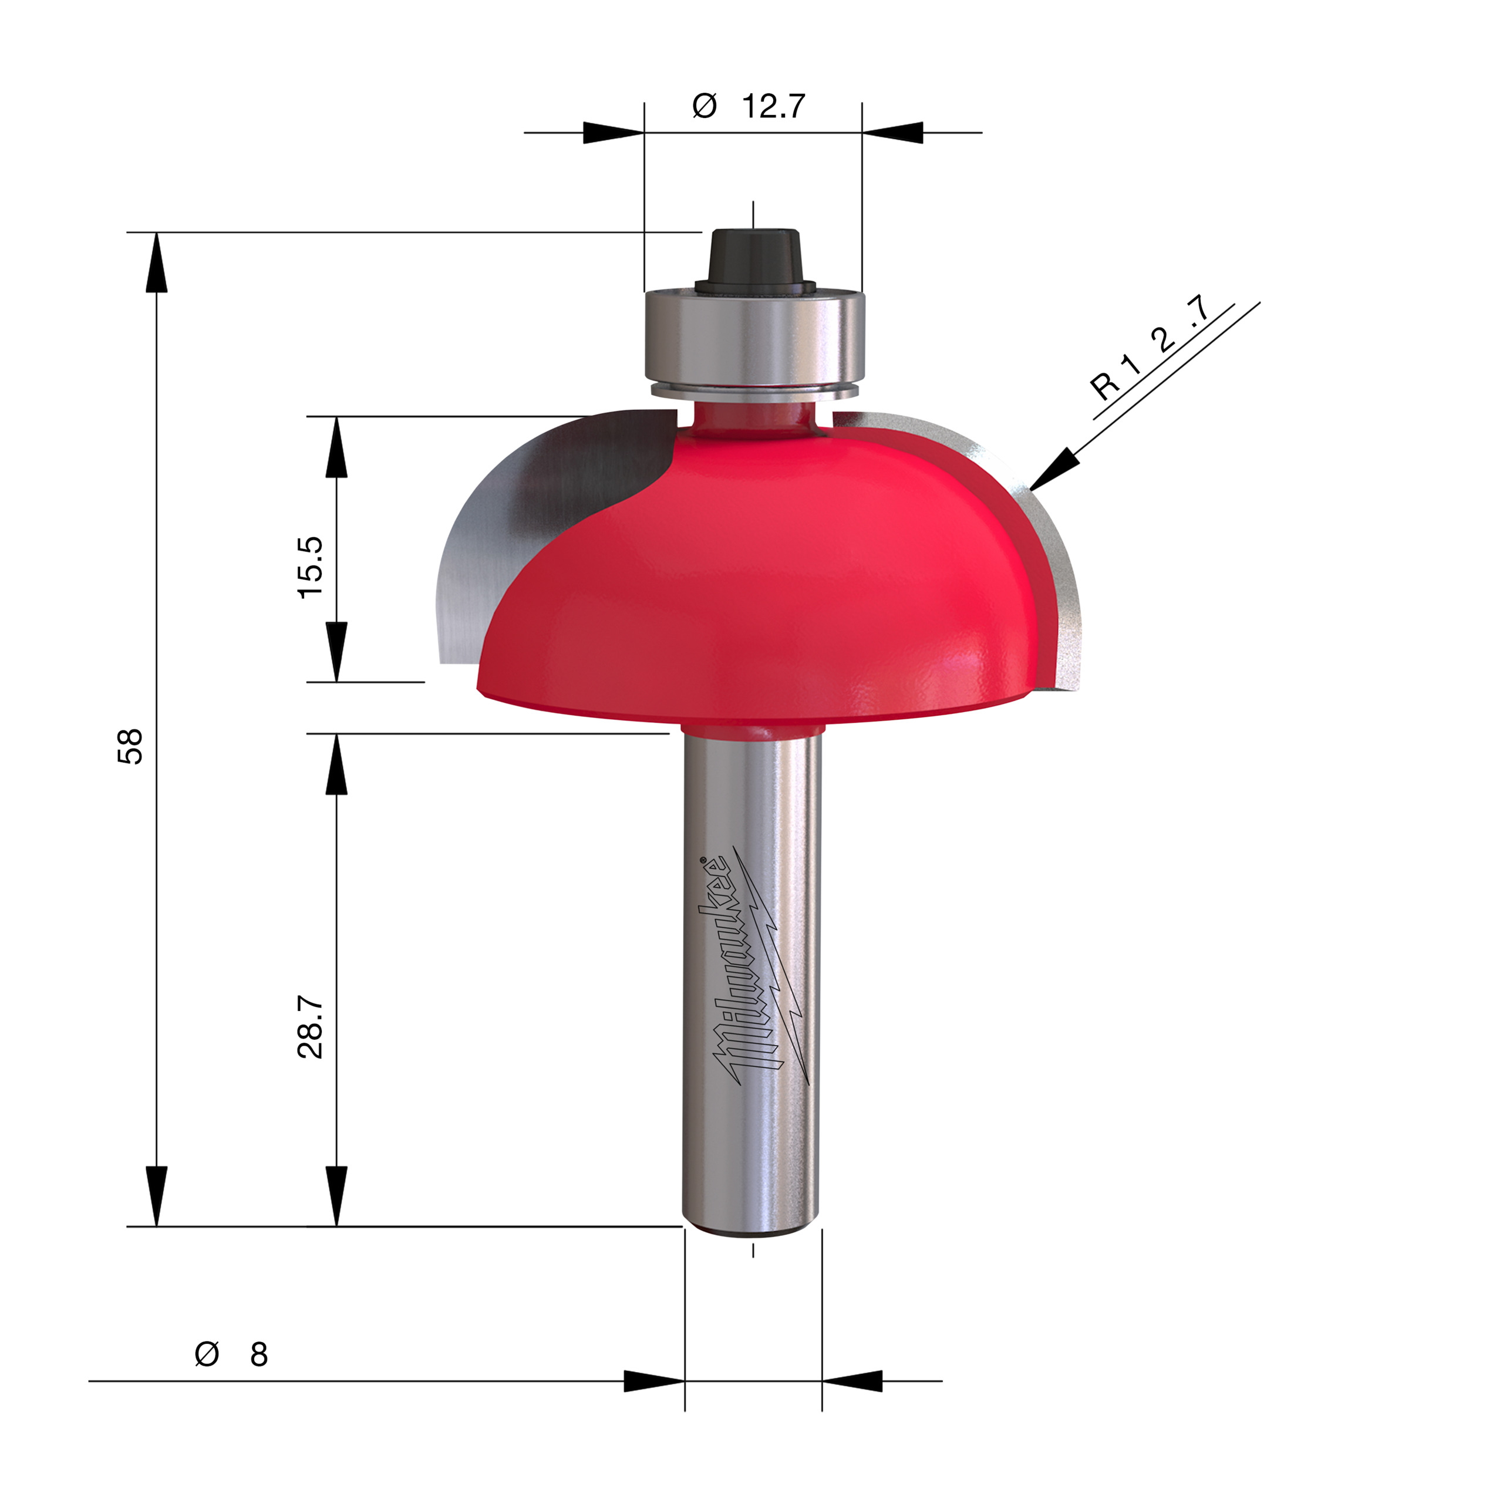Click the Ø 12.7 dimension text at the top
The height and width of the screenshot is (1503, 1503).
point(749,106)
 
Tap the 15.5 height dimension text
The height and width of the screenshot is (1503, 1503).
point(311,567)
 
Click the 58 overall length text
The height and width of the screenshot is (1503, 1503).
point(131,746)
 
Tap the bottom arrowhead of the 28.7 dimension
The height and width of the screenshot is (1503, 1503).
point(336,1197)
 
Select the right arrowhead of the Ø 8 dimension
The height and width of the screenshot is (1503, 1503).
point(852,1381)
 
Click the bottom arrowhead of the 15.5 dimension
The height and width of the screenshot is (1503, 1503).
point(336,652)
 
